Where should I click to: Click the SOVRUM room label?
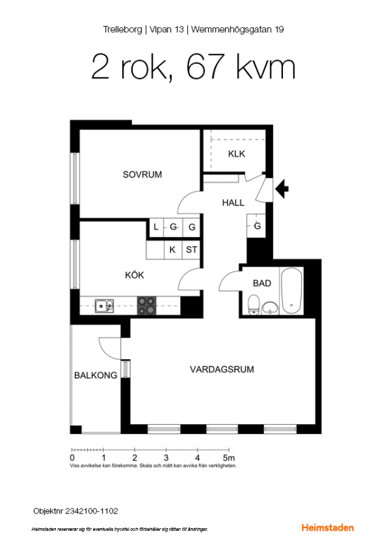coord(142,174)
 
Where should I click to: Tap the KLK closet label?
coord(237,154)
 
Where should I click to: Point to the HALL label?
coord(233,202)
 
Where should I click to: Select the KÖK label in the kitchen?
coord(134,275)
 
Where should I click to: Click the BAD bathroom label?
coord(262,283)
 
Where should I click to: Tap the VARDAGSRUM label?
coord(221,370)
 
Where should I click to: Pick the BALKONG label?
coord(96,376)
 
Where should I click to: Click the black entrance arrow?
coord(282,189)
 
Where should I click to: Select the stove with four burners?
coord(147,306)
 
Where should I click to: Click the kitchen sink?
coord(104,306)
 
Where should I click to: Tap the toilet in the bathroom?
coord(253,304)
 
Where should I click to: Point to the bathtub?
coord(291,291)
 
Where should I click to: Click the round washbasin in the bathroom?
coord(270,308)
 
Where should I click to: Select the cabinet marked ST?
coord(191,250)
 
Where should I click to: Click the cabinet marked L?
coord(156,227)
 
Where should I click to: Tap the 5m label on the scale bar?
coord(229,458)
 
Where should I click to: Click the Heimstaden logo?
coord(327,528)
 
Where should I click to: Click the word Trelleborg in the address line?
coord(122,30)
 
